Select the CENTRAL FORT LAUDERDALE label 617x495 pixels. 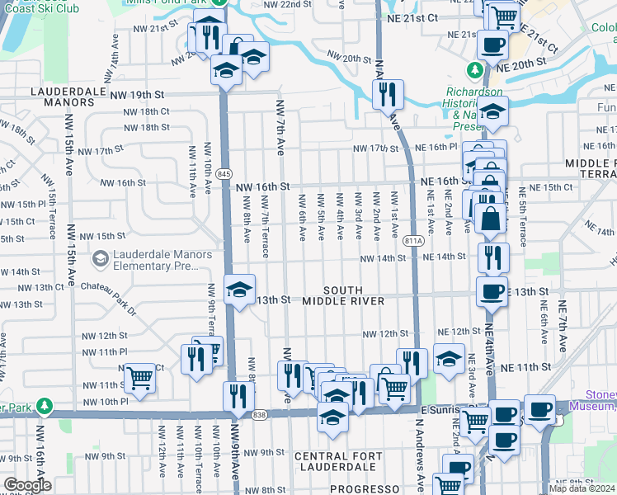[338, 456]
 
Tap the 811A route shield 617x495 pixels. [414, 241]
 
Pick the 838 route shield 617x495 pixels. [261, 414]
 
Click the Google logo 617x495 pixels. [27, 485]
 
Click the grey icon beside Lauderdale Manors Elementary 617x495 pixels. [100, 260]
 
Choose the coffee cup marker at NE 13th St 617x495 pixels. [492, 291]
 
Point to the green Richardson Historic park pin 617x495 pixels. [475, 69]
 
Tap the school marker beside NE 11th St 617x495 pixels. [449, 358]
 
